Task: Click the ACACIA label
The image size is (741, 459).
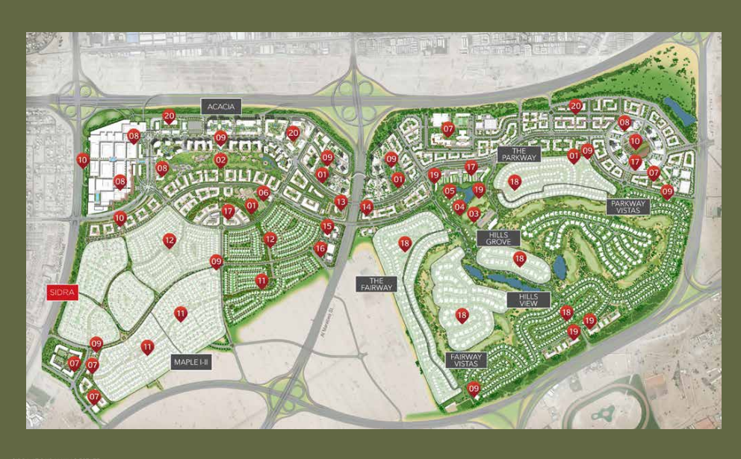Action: (221, 107)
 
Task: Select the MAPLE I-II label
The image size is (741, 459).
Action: (192, 362)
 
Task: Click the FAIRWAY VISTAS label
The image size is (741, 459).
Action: (466, 360)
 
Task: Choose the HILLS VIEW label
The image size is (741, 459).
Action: (528, 300)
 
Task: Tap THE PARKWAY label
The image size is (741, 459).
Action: (519, 154)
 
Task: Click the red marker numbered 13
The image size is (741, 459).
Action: (341, 202)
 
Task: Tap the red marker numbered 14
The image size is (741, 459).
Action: (366, 207)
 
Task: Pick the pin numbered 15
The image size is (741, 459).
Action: (326, 226)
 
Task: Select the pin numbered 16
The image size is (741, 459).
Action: (320, 249)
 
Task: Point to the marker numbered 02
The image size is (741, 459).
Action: (220, 160)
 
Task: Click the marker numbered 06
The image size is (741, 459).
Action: (263, 193)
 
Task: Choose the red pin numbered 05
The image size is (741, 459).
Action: (450, 191)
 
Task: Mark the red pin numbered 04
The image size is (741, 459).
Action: (459, 207)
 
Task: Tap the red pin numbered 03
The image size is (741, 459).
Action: (474, 214)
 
